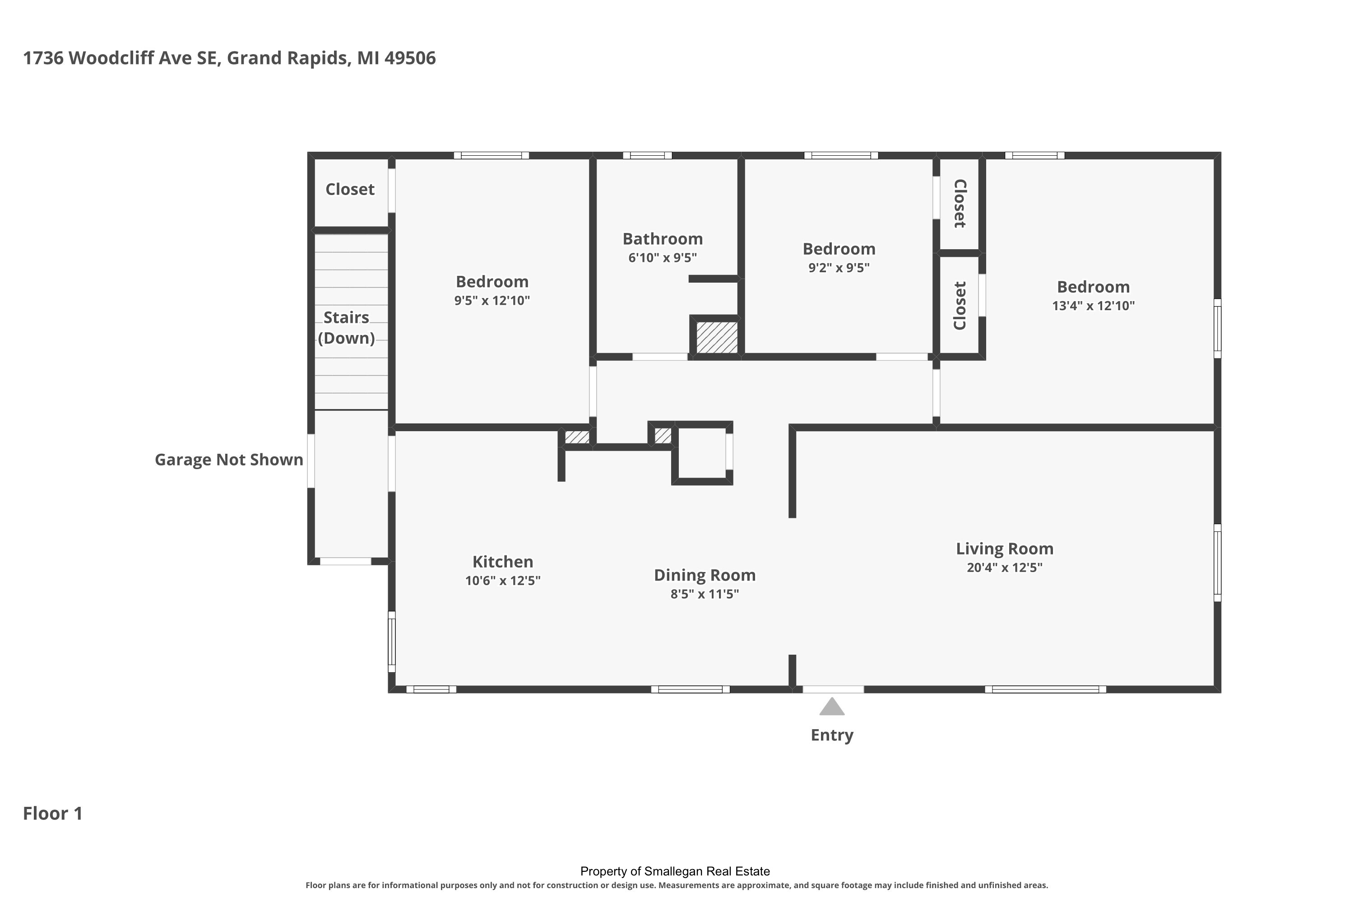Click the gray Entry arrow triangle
point(832,707)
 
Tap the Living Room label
point(1005,549)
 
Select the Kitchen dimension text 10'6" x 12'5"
point(503,581)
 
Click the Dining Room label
point(705,575)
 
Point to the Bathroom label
point(663,239)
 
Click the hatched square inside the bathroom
point(717,337)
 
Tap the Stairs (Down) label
point(346,328)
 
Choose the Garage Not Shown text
point(229,460)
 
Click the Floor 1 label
point(53,814)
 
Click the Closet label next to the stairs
point(350,190)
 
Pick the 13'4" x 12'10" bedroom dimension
point(1093,306)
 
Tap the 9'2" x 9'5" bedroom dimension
point(839,268)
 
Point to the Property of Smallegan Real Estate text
point(675,871)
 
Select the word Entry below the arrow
point(832,735)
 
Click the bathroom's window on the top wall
point(647,155)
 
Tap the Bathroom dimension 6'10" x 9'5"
point(663,258)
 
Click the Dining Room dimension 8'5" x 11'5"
point(705,594)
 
